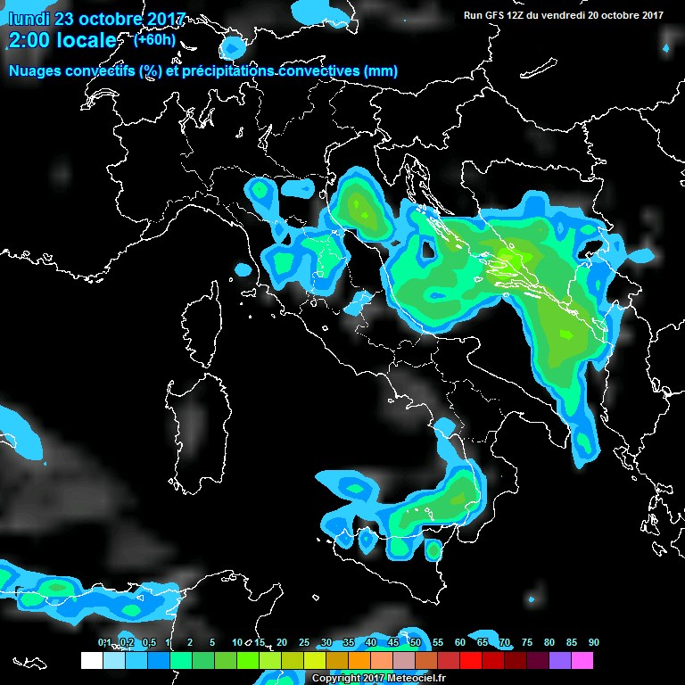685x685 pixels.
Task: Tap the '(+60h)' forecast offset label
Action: click(154, 40)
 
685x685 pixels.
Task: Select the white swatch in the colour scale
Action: click(91, 660)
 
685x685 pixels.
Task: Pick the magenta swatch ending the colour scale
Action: click(582, 660)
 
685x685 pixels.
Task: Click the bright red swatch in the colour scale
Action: click(470, 660)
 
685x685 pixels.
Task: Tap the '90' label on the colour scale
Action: click(593, 642)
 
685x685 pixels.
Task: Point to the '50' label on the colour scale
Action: click(415, 642)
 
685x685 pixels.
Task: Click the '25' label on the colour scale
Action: click(303, 642)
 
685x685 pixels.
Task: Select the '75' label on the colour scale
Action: click(526, 642)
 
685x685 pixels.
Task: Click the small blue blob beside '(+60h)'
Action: click(233, 47)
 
